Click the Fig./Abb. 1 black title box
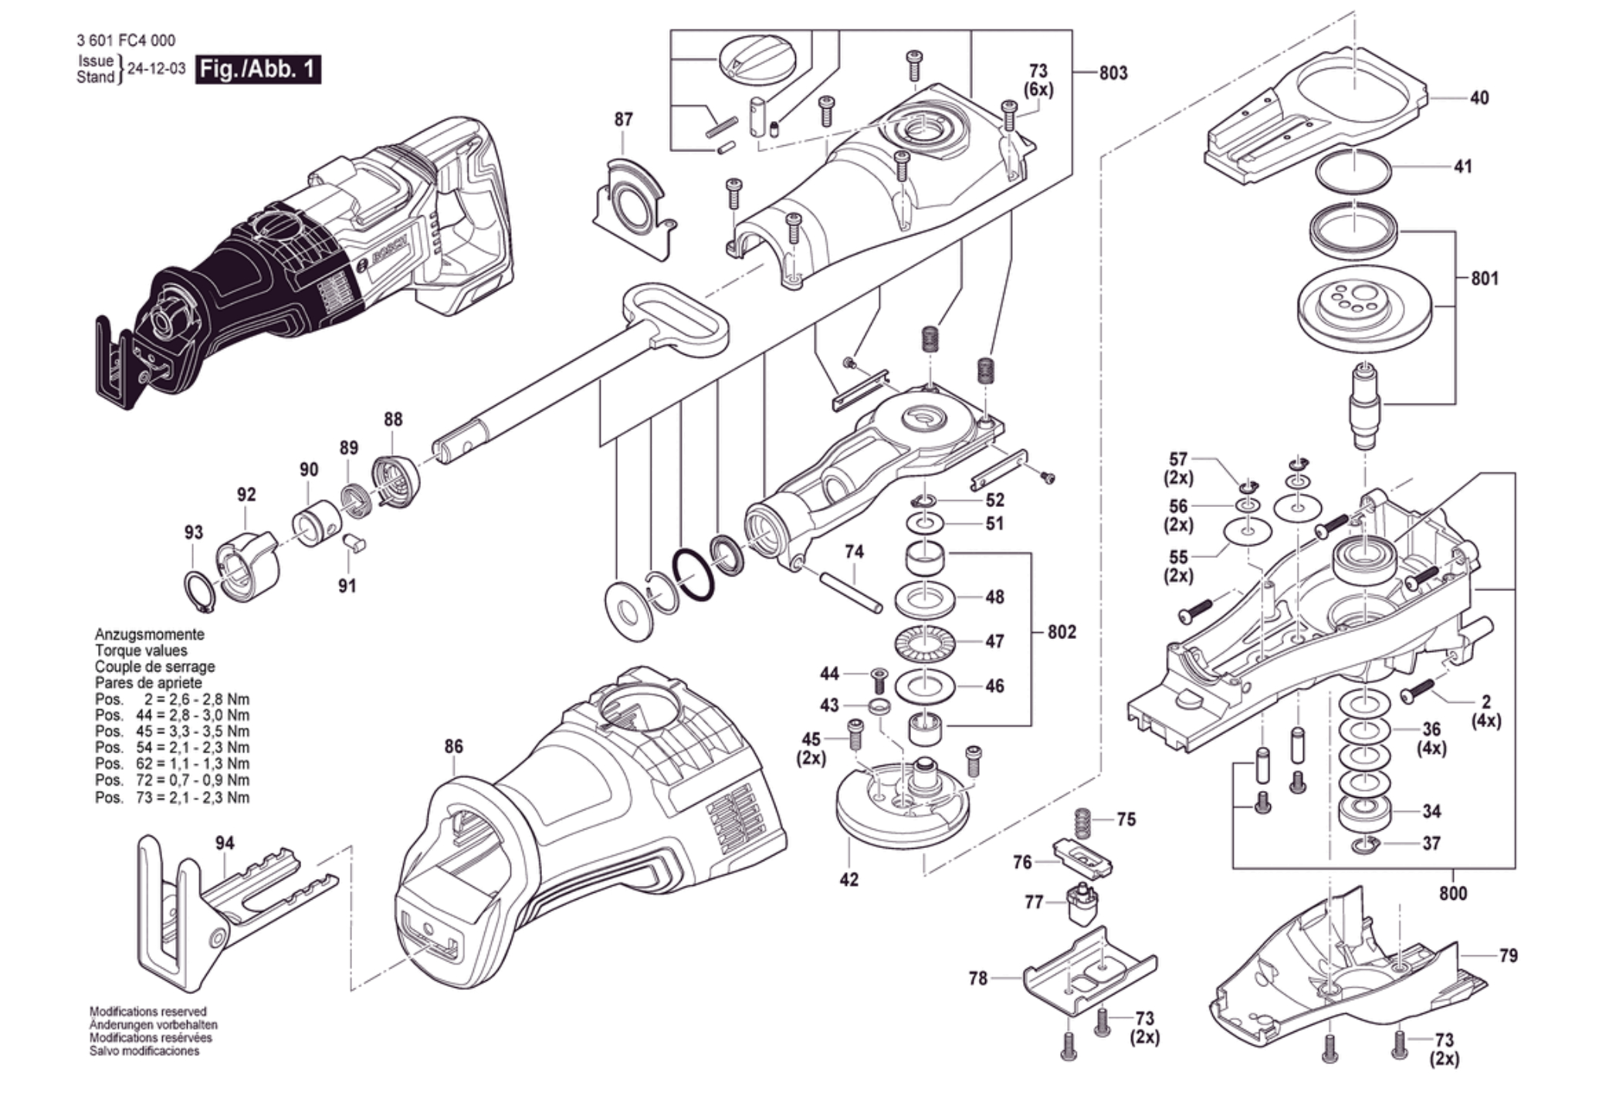(x=258, y=69)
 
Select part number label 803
(x=1113, y=73)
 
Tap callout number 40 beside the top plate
(x=1479, y=98)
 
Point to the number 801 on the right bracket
(x=1484, y=279)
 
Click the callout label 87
(x=623, y=120)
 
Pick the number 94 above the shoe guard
(x=225, y=843)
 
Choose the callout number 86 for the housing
(x=453, y=746)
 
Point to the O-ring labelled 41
(x=1353, y=174)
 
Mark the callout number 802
(x=1062, y=632)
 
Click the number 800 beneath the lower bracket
(x=1452, y=894)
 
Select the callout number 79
(x=1508, y=956)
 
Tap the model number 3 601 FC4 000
(x=126, y=40)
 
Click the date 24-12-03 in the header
(x=156, y=69)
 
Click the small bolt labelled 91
(x=356, y=542)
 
